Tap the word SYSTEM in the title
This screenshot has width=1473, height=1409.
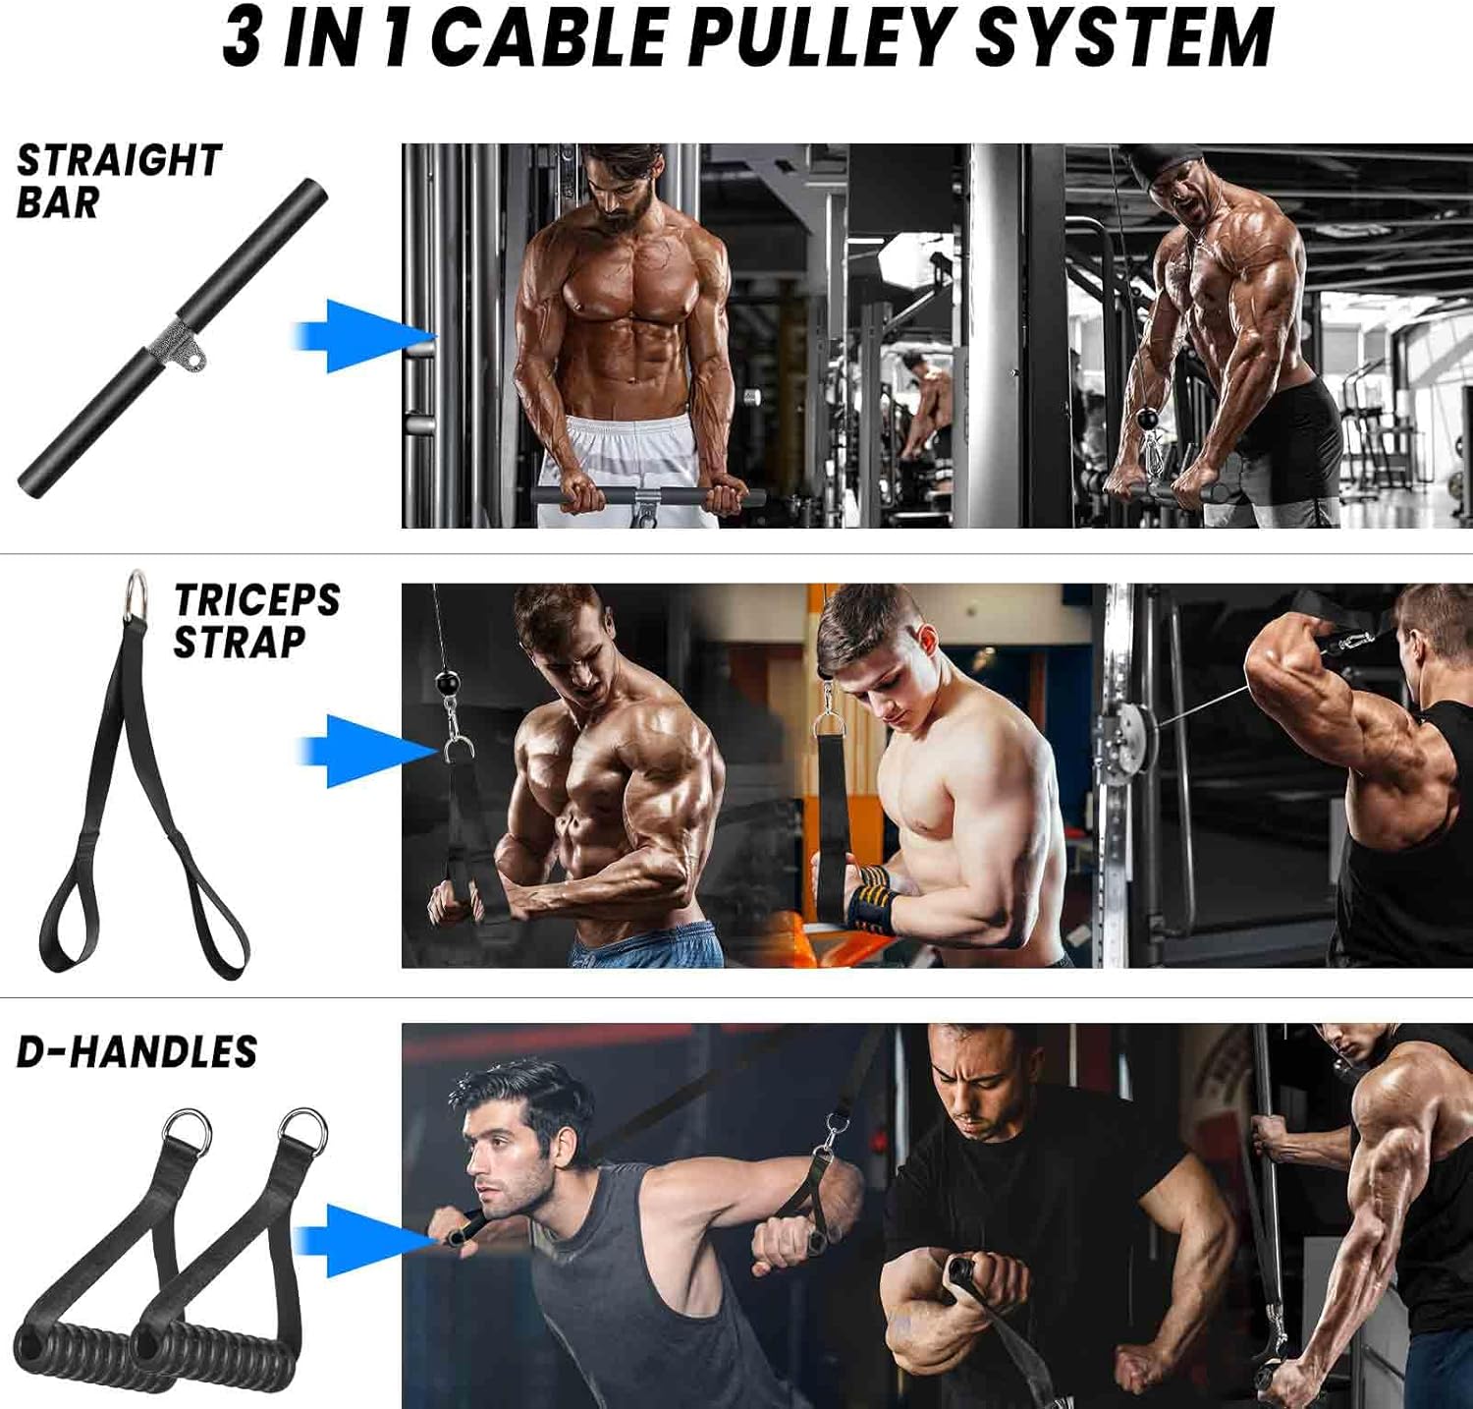[1123, 37]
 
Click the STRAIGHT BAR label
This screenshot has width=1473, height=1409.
[119, 181]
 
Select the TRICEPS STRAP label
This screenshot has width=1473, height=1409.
[256, 620]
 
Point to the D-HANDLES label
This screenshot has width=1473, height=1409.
[136, 1052]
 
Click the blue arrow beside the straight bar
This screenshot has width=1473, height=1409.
[364, 336]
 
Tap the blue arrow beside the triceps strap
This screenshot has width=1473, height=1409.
[364, 752]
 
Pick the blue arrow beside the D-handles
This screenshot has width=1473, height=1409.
[364, 1241]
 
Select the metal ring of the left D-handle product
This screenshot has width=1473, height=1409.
[187, 1132]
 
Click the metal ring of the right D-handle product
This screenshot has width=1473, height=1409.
[302, 1133]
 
